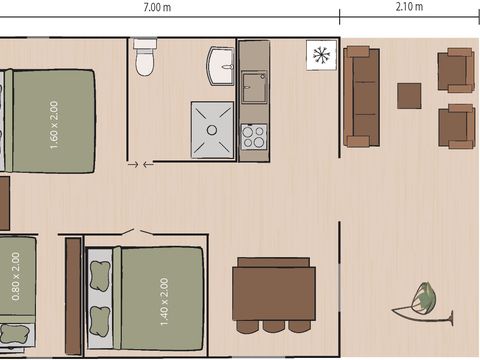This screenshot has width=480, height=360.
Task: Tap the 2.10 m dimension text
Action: point(409,7)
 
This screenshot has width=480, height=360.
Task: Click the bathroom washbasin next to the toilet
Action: point(220,67)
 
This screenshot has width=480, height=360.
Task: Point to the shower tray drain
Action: point(212,129)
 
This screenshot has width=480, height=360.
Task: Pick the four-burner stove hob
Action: point(254,135)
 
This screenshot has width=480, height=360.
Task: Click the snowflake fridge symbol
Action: point(320,54)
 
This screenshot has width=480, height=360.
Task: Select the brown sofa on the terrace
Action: point(362,96)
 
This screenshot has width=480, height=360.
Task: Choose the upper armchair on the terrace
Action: point(455,70)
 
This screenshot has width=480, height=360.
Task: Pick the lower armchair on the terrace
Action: point(455,125)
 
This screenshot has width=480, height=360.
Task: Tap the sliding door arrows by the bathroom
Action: point(140,164)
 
